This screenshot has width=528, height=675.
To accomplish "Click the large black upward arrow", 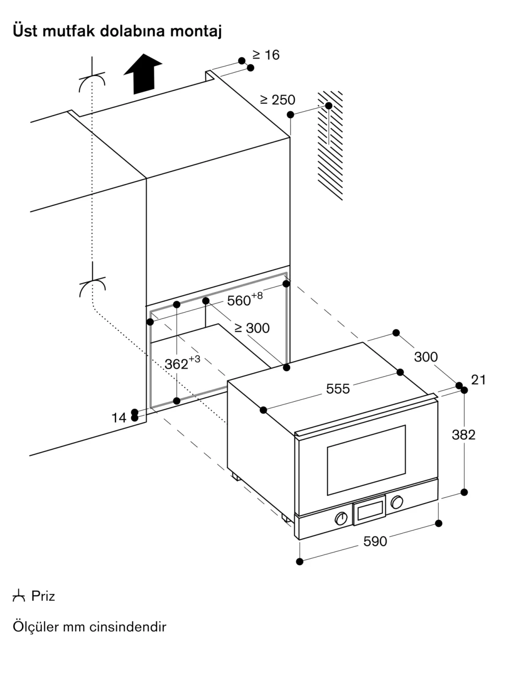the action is click(x=143, y=74).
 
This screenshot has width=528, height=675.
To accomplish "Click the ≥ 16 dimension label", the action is click(x=266, y=55).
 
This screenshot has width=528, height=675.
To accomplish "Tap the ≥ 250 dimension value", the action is click(x=278, y=100).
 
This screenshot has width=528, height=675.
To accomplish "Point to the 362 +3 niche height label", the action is click(x=182, y=363).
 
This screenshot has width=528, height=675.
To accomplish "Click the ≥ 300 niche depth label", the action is click(x=252, y=328).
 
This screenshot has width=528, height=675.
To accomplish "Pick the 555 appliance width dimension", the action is click(x=338, y=389).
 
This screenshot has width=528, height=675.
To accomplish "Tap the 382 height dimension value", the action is click(x=464, y=435).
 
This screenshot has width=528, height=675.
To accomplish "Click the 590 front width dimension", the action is click(x=375, y=541).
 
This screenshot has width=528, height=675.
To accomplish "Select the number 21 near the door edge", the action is click(x=478, y=380).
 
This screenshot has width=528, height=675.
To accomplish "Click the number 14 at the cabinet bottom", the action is click(x=119, y=418).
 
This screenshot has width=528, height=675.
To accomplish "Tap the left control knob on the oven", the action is click(x=341, y=518).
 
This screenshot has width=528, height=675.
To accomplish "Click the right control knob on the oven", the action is click(x=397, y=502).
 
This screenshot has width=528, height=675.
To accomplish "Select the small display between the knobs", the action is click(x=369, y=510).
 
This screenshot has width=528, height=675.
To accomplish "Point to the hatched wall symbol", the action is click(x=330, y=146).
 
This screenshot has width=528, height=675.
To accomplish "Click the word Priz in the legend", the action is click(x=43, y=596).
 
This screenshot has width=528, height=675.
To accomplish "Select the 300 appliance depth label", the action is click(x=426, y=357).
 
